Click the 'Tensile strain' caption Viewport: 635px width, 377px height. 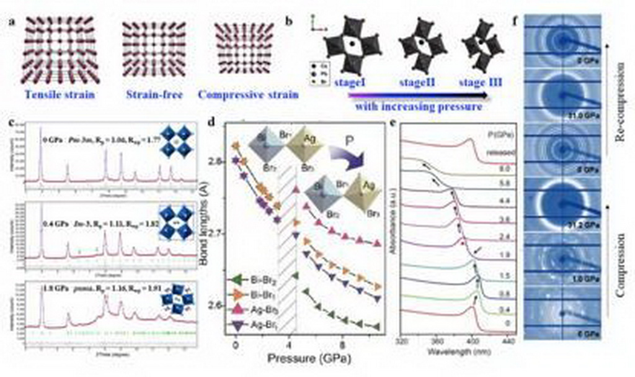[60, 96]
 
